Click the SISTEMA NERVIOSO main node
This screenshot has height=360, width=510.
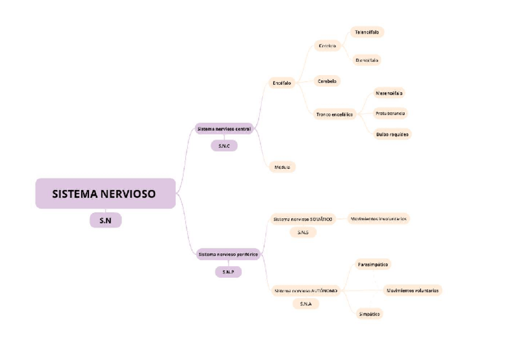[x=105, y=194]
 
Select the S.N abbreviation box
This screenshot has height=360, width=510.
[x=105, y=221]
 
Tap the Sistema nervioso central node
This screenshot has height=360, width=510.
[x=224, y=129]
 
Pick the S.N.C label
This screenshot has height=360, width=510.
[x=224, y=145]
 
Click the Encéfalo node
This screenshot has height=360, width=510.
[x=281, y=83]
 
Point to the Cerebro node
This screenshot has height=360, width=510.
[x=327, y=46]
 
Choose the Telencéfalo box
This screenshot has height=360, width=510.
[x=367, y=32]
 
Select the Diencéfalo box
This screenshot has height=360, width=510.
[x=367, y=60]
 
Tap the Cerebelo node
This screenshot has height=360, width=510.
[x=327, y=81]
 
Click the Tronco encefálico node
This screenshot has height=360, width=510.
[x=334, y=114]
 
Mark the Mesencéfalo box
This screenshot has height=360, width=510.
[x=389, y=93]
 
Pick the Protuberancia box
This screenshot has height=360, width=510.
[x=390, y=113]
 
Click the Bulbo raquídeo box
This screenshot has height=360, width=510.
[x=392, y=134]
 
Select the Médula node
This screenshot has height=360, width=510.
[x=281, y=167]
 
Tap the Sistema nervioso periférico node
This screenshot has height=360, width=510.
[x=228, y=255]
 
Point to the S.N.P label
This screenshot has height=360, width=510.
[x=228, y=272]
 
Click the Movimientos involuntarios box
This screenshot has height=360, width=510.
[x=379, y=219]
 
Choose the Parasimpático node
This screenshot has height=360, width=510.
[x=373, y=264]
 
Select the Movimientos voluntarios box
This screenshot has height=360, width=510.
[x=413, y=290]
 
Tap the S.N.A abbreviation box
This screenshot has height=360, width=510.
[x=306, y=304]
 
